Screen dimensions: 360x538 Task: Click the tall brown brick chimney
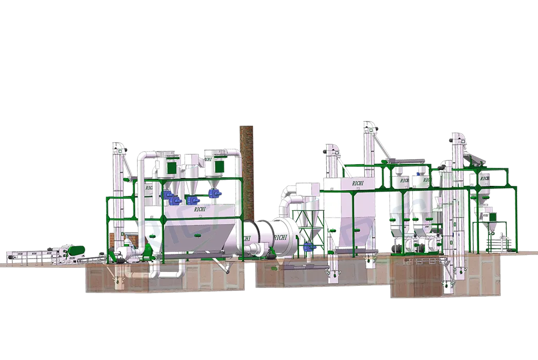tap(244, 175)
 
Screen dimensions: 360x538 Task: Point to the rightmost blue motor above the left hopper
tap(214, 193)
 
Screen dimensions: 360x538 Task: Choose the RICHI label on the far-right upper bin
tap(484, 179)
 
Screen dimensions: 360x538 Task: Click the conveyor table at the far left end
tap(21, 254)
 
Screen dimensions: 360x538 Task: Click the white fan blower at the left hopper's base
tap(126, 250)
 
